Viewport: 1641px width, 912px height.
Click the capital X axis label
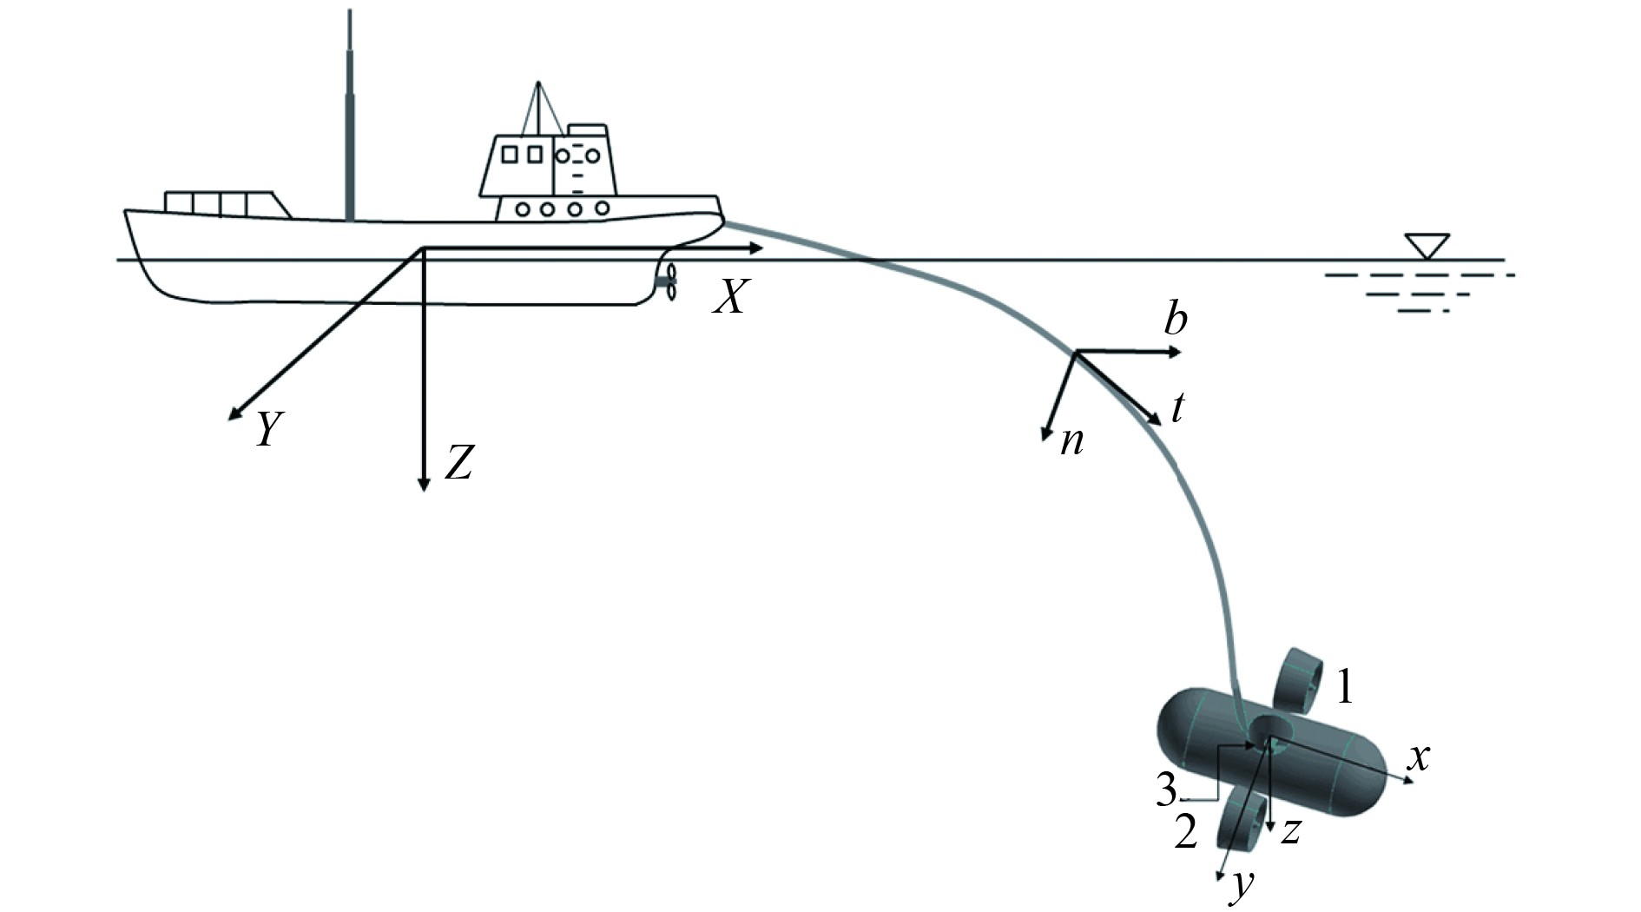coord(729,297)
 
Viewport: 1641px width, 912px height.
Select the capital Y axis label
coord(270,429)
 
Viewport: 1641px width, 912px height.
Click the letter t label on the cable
coord(1177,407)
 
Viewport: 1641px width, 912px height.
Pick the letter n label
coord(1072,441)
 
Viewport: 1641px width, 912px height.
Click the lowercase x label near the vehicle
coord(1418,757)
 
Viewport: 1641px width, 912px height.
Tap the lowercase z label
coord(1291,831)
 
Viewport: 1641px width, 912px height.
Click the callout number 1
coord(1344,687)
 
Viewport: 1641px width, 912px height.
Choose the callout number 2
coord(1186,830)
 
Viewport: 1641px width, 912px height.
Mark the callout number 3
coord(1166,790)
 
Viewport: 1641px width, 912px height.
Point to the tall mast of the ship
coord(350,122)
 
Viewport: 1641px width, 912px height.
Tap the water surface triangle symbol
coord(1427,245)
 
